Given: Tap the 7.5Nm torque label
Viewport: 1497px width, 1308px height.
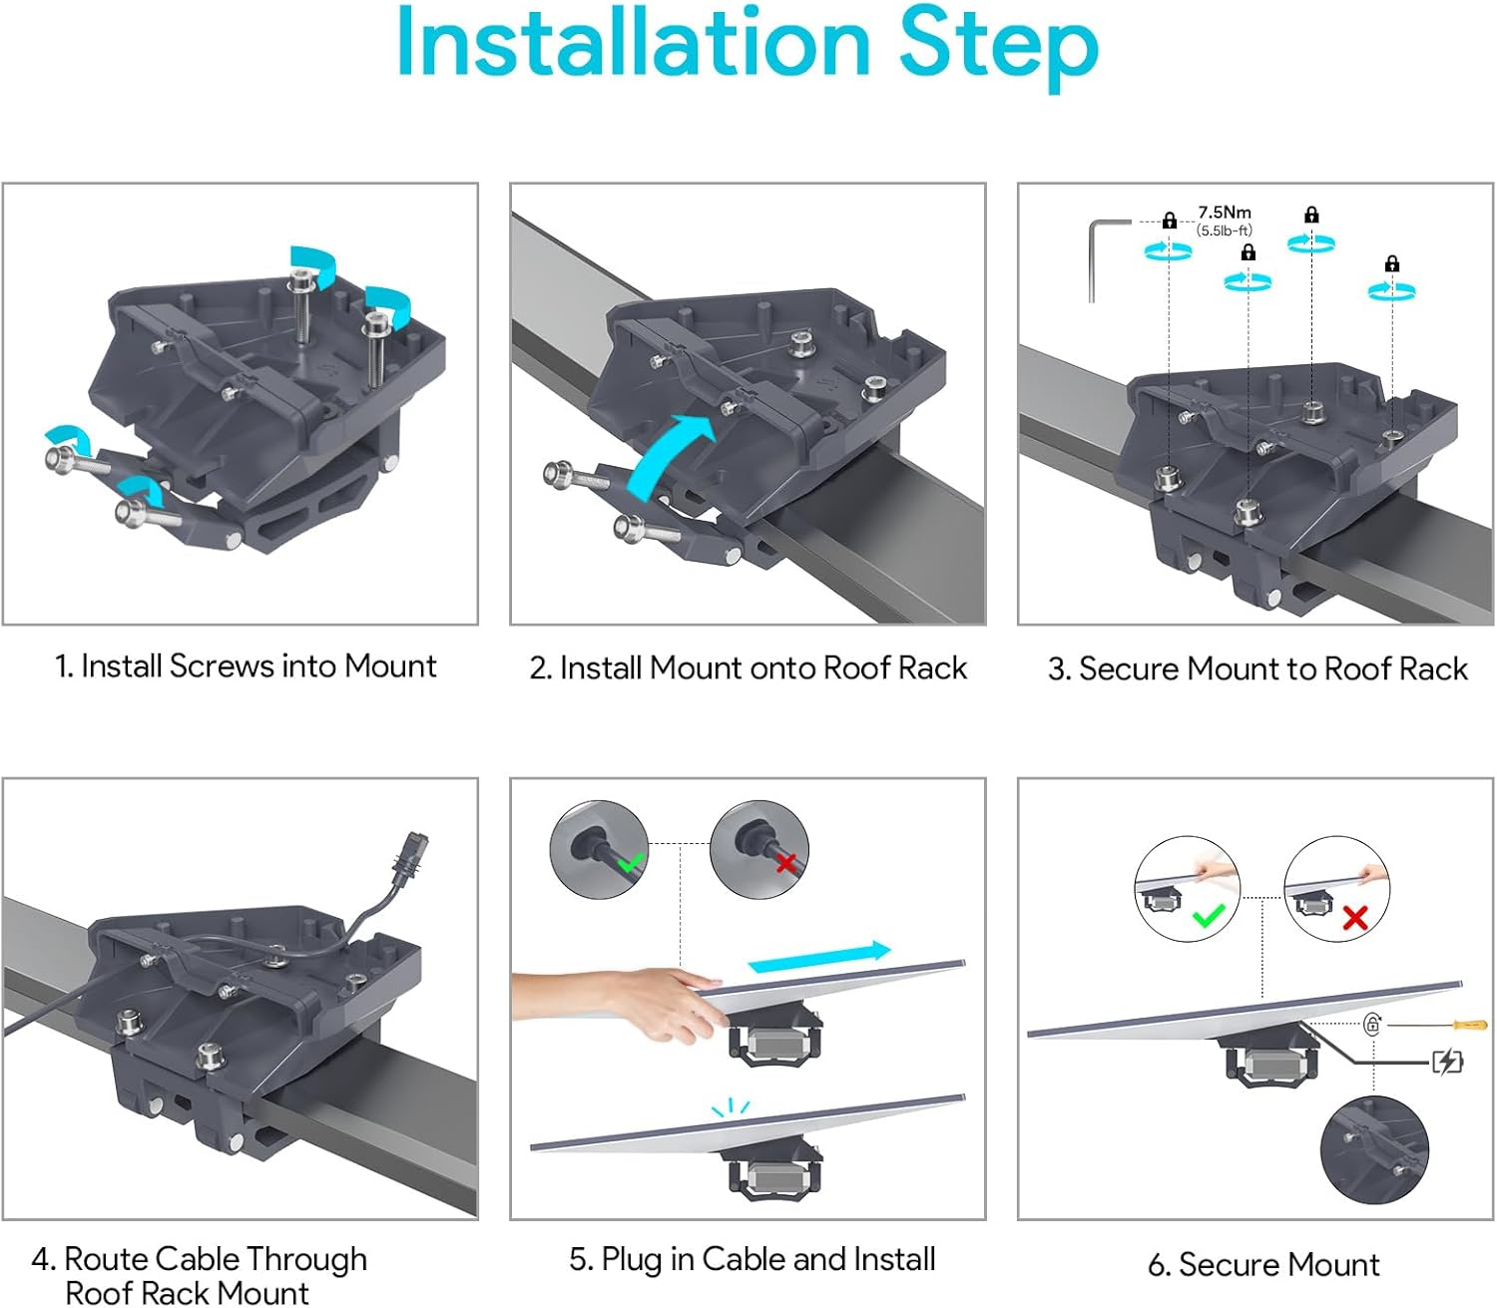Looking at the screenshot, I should point(1224,213).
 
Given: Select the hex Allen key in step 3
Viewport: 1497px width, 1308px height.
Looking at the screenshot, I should point(1103,254).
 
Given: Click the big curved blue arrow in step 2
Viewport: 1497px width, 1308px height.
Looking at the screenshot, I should point(670,456).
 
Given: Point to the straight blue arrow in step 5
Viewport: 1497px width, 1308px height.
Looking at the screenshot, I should point(818,957).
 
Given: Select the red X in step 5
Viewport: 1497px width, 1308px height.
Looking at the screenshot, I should point(785,861).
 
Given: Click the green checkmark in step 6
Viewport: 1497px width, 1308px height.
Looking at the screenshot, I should point(1208,915).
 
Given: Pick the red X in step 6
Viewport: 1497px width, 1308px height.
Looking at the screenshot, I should point(1354,917).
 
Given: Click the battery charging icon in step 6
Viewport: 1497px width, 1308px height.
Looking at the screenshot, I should point(1447,1062).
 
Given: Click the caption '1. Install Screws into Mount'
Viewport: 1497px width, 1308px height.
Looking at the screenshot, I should point(246,665).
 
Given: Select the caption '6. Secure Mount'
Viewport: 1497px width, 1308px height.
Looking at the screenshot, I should point(1263,1264).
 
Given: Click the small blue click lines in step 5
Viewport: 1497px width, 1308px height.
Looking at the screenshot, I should point(731,1107).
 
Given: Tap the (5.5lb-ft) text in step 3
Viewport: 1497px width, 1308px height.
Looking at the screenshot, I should point(1224,230).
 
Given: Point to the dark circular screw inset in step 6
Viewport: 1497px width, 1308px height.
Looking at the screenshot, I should point(1374,1149).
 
